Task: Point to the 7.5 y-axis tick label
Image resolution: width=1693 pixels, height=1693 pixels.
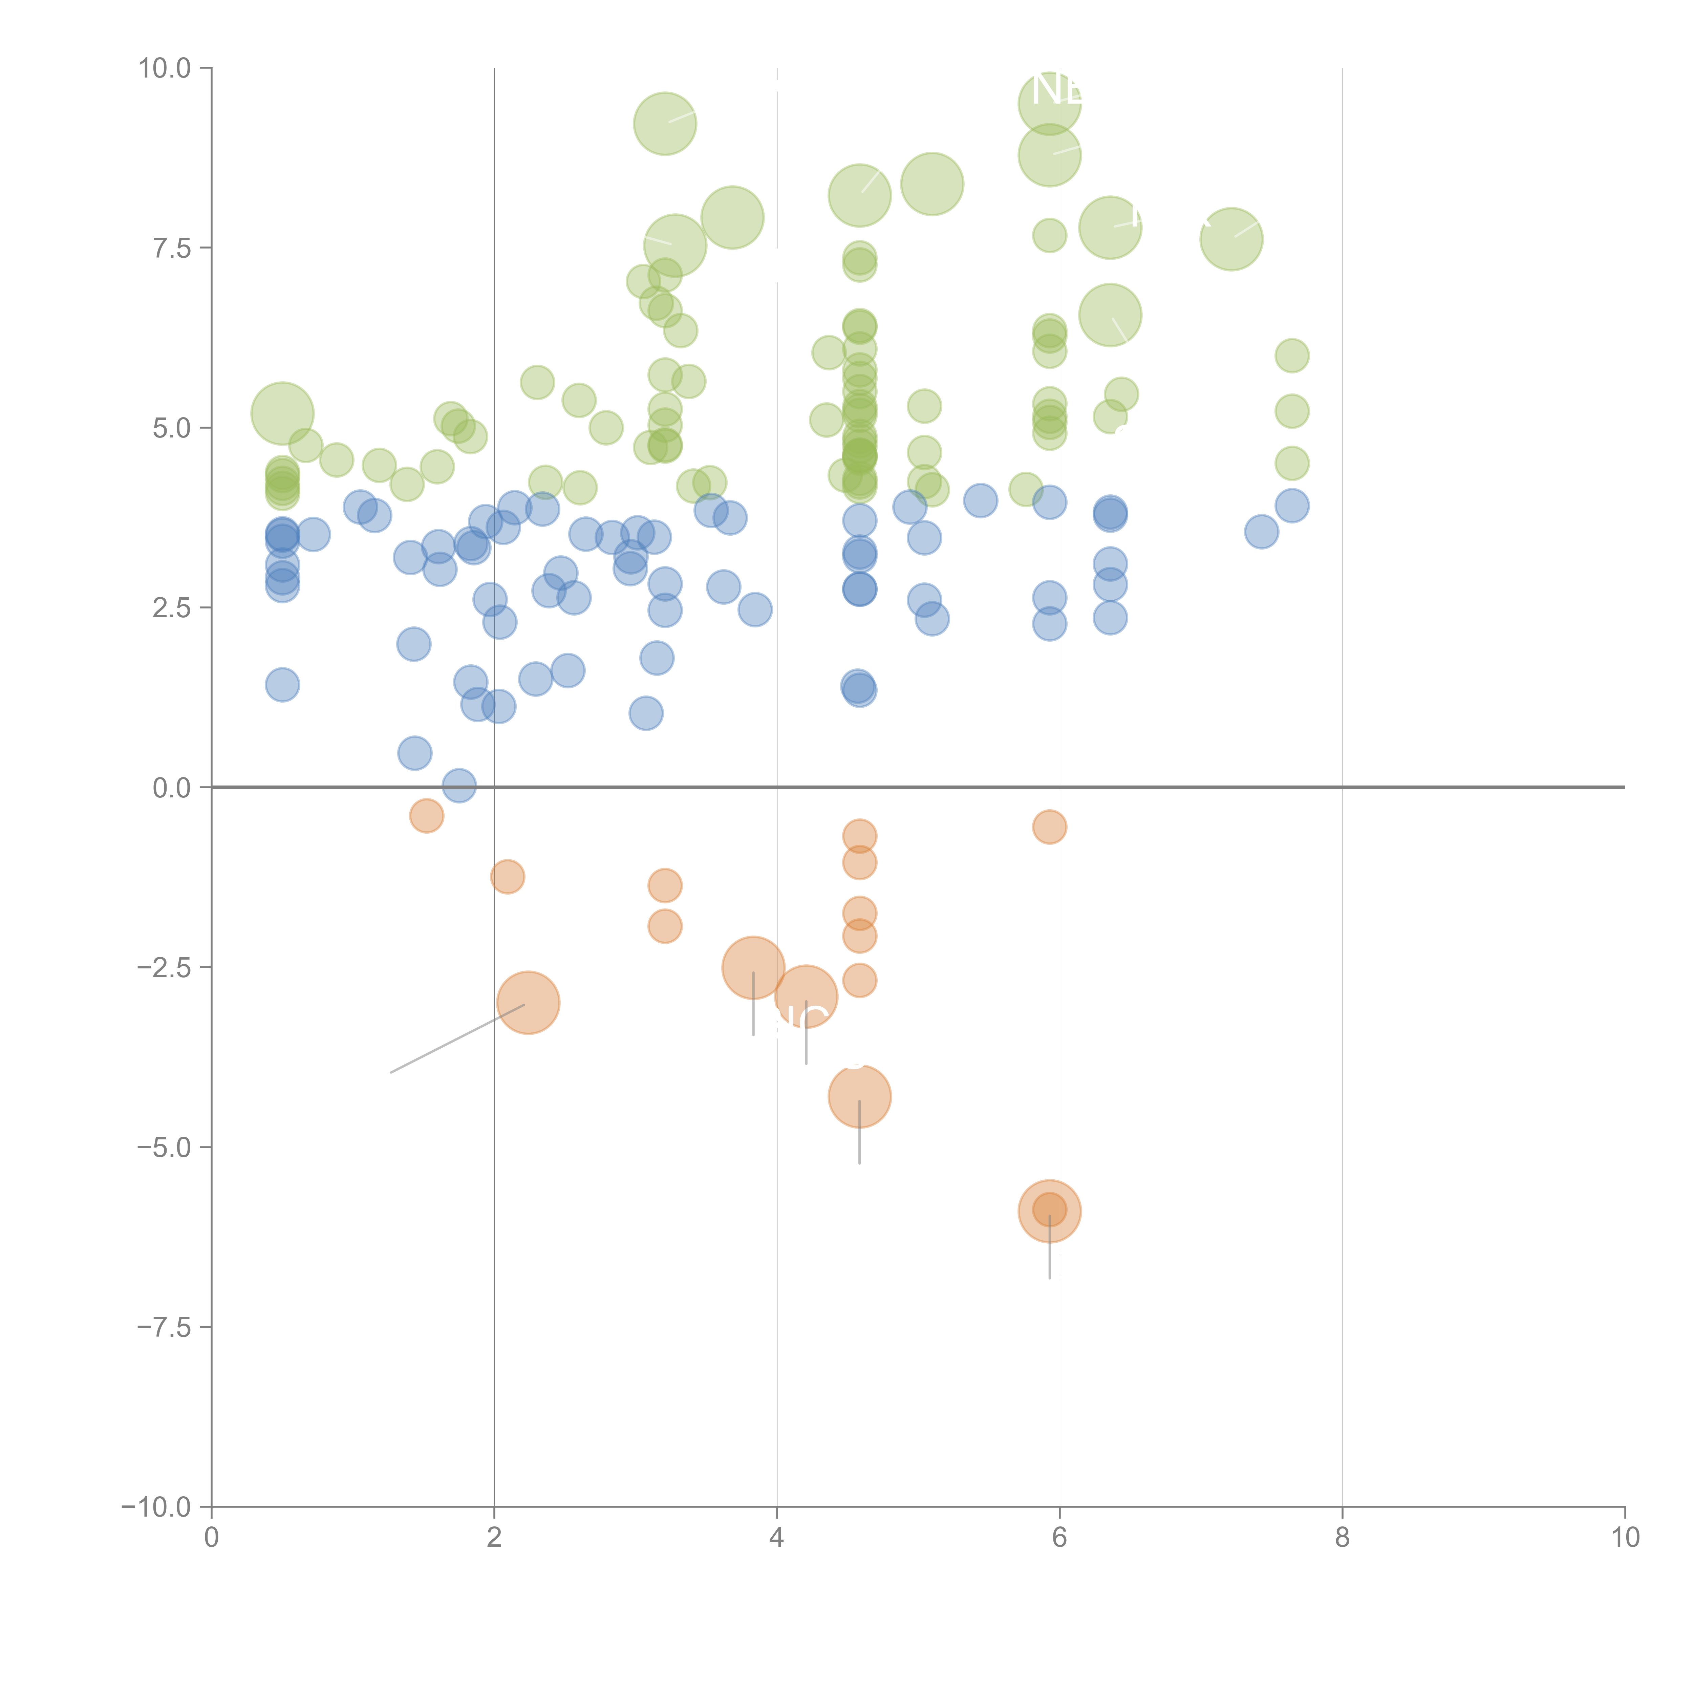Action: pyautogui.click(x=172, y=248)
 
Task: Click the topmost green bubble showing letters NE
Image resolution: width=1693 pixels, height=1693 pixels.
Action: pyautogui.click(x=1049, y=103)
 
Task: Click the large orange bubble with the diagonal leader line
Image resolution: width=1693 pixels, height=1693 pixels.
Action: pyautogui.click(x=528, y=1003)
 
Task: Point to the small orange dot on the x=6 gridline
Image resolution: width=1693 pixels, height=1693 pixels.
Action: pyautogui.click(x=1049, y=826)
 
